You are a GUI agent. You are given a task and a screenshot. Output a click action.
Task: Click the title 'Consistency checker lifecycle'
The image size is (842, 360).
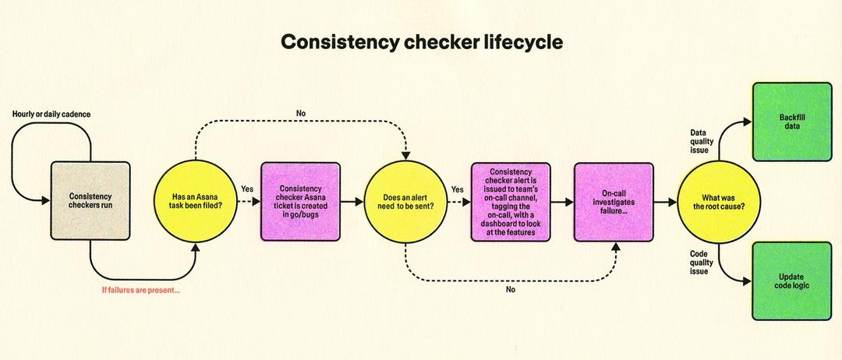pyautogui.click(x=421, y=42)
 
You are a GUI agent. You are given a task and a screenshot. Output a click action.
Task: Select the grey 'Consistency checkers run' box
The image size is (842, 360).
pyautogui.click(x=90, y=200)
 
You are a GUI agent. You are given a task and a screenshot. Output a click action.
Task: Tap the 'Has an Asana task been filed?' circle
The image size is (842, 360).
pyautogui.click(x=195, y=200)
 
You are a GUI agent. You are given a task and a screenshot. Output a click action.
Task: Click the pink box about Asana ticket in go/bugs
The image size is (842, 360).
pyautogui.click(x=300, y=200)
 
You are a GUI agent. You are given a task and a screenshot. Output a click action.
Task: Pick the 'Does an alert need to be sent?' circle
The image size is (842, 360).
pyautogui.click(x=405, y=200)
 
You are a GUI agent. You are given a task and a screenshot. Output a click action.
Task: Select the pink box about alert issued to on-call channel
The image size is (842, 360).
pyautogui.click(x=511, y=200)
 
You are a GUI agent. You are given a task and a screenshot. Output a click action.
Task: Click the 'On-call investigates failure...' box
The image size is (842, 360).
pyautogui.click(x=614, y=200)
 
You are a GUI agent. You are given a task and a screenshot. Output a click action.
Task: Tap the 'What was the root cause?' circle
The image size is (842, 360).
pyautogui.click(x=717, y=200)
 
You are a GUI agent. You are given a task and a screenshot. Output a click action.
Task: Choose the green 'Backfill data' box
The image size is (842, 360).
pyautogui.click(x=791, y=122)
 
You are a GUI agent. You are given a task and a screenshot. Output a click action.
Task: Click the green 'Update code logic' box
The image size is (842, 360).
pyautogui.click(x=791, y=281)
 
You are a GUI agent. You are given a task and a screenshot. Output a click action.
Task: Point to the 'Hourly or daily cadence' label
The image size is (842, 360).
pyautogui.click(x=51, y=115)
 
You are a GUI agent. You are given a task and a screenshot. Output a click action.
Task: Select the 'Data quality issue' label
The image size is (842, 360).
pyautogui.click(x=699, y=141)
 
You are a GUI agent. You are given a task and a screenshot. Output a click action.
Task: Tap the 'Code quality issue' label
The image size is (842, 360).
pyautogui.click(x=699, y=262)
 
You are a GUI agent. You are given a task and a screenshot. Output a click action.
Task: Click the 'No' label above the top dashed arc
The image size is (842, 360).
pyautogui.click(x=301, y=114)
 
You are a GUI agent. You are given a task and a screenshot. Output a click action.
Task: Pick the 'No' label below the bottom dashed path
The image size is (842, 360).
pyautogui.click(x=511, y=289)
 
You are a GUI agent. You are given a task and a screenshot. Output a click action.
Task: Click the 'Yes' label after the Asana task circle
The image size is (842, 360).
pyautogui.click(x=247, y=189)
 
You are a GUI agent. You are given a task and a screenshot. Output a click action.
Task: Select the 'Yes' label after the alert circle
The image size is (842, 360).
pyautogui.click(x=457, y=189)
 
